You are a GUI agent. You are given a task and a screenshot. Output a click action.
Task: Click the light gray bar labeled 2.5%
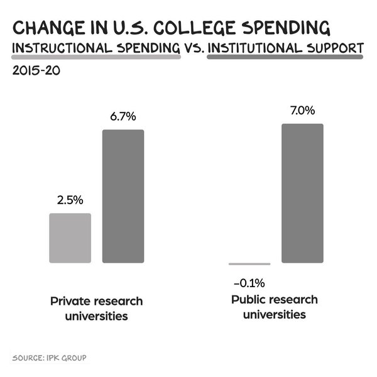click(x=70, y=238)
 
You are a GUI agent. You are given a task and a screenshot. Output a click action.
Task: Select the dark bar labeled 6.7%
click(x=123, y=196)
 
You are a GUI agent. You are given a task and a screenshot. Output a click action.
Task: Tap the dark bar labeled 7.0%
click(x=302, y=193)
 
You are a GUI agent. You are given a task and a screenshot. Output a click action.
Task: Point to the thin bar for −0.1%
click(x=249, y=264)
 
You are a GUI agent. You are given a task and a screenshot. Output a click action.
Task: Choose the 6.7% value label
click(x=123, y=117)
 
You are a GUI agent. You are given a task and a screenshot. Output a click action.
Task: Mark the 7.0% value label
click(x=302, y=111)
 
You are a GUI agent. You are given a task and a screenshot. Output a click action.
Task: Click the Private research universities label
click(x=97, y=308)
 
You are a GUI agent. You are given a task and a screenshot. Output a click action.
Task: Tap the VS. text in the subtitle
click(x=192, y=48)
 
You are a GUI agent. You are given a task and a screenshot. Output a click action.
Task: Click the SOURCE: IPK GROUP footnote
click(x=48, y=358)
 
